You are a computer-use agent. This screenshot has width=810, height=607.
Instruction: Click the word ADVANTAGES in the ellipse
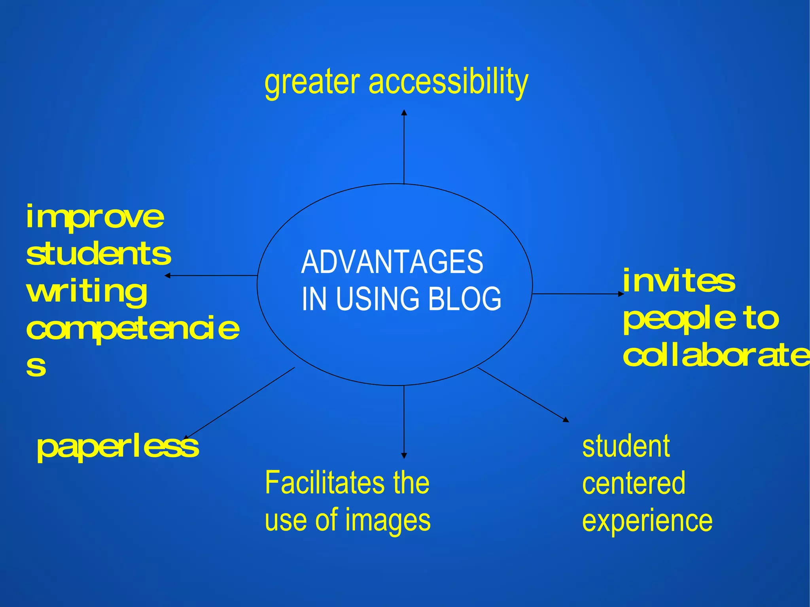tap(392, 262)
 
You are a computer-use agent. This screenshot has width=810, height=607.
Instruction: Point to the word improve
tap(95, 217)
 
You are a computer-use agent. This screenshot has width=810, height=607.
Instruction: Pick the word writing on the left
tap(87, 291)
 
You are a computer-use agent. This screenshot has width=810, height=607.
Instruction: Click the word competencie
tap(133, 328)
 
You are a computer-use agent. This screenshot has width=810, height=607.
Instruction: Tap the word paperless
tap(118, 447)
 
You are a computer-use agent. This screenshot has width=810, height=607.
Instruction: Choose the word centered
tap(634, 483)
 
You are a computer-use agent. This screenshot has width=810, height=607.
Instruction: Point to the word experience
tap(647, 521)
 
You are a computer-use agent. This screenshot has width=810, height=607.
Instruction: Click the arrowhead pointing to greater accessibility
tap(404, 112)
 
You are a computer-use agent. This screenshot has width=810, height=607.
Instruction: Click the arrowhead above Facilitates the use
tap(404, 456)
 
